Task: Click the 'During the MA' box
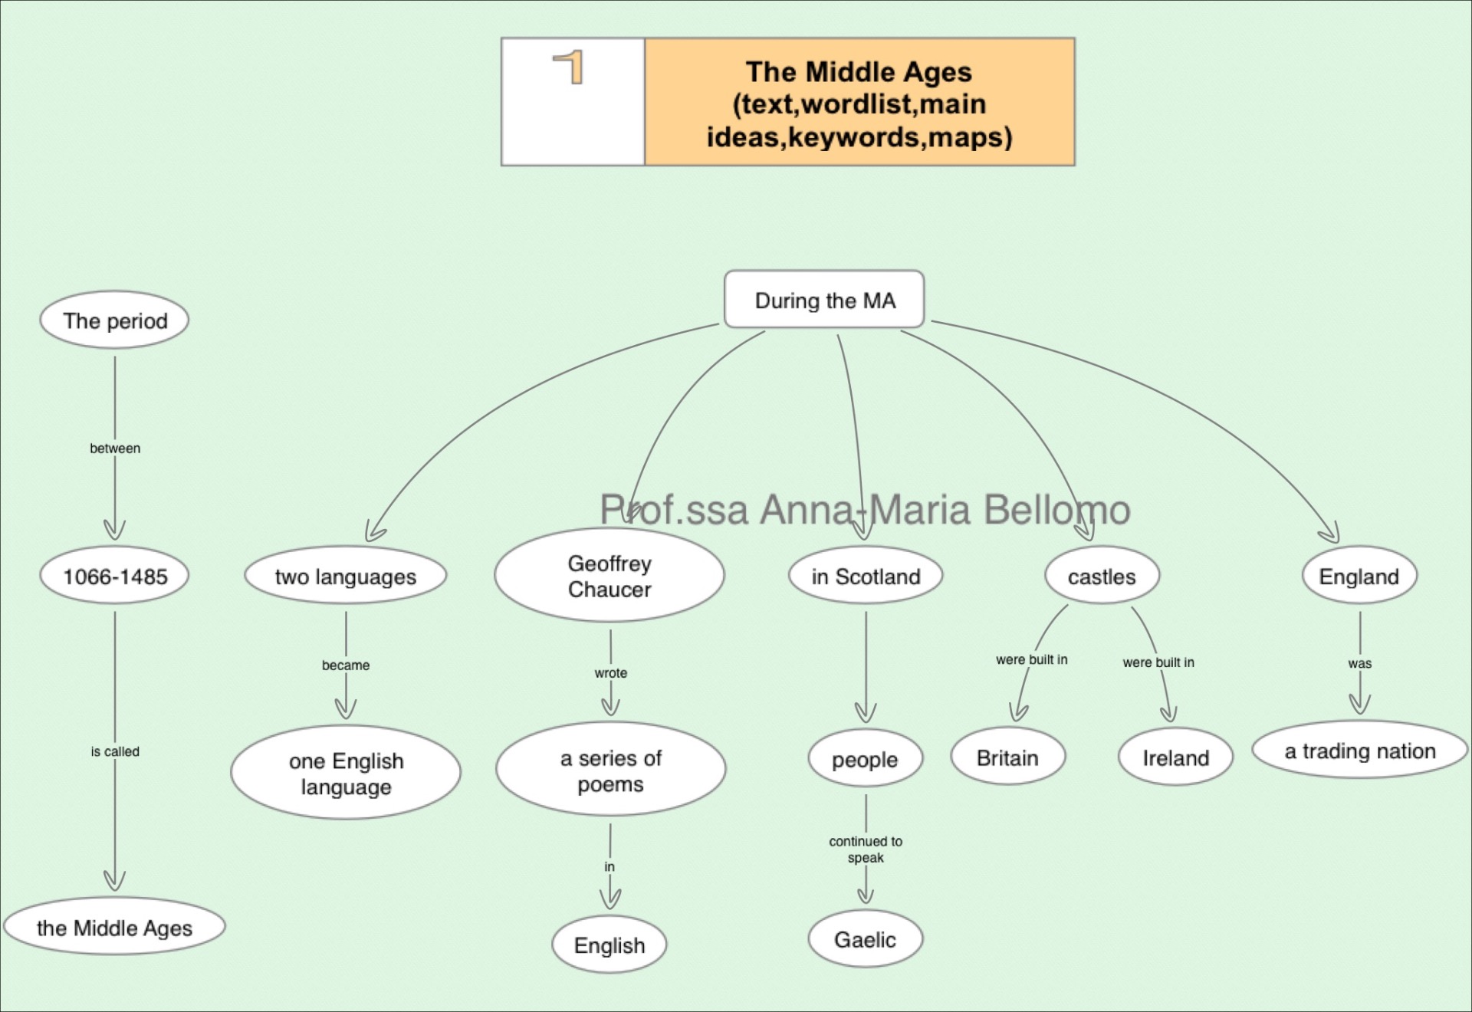point(824,300)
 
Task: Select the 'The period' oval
point(115,320)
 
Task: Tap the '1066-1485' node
point(115,577)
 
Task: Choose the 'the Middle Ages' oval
point(114,928)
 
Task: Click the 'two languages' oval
point(345,577)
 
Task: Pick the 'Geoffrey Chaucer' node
point(609,576)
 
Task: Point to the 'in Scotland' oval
point(866,577)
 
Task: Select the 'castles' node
point(1102,577)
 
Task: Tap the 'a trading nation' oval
point(1359,751)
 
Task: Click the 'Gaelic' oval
point(865,939)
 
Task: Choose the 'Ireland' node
point(1175,757)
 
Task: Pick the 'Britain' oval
point(1007,757)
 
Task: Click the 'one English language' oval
point(346,773)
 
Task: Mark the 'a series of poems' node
point(610,770)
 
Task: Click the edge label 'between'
point(115,449)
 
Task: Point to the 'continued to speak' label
point(866,849)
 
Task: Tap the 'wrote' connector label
point(610,673)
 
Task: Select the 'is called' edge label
point(115,751)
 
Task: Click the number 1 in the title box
point(570,67)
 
